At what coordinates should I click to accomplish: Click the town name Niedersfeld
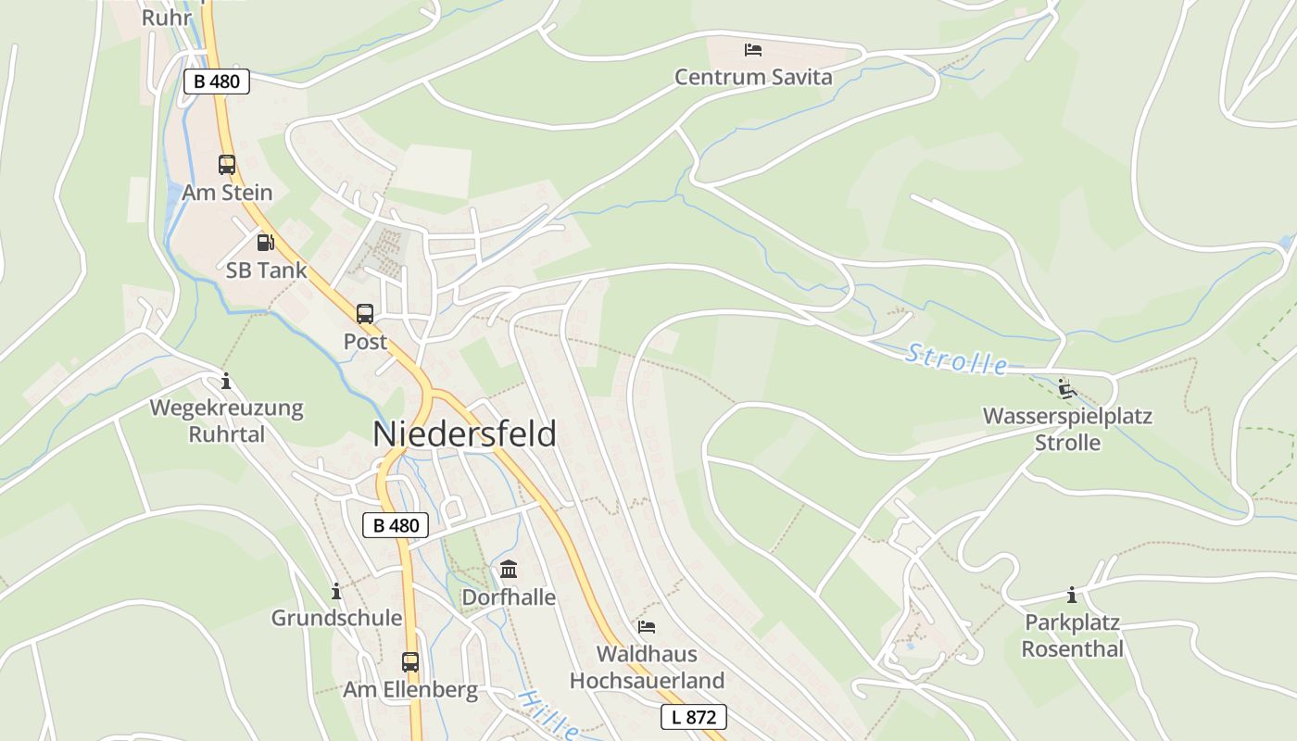[x=464, y=434]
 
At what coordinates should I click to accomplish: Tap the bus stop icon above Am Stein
[x=227, y=165]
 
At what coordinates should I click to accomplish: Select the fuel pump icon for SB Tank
[x=265, y=243]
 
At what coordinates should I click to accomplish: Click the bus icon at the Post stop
[x=365, y=314]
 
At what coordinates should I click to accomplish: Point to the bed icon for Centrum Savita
[x=753, y=49]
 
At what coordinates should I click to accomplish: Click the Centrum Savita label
[x=753, y=77]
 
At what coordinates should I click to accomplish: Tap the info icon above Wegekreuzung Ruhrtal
[x=225, y=381]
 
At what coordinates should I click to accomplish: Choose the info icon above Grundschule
[x=336, y=591]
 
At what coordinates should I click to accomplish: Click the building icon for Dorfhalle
[x=509, y=570]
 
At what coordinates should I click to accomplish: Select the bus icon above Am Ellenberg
[x=410, y=662]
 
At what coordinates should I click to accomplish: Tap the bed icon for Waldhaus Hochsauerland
[x=647, y=627]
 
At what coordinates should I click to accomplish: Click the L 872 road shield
[x=693, y=717]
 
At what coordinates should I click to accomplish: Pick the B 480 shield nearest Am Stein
[x=217, y=82]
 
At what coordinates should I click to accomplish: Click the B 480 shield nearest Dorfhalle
[x=396, y=525]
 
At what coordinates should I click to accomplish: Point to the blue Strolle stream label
[x=957, y=359]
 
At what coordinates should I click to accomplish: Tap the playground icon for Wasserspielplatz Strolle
[x=1067, y=389]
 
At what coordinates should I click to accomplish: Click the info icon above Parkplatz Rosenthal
[x=1072, y=595]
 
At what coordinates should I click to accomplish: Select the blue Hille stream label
[x=548, y=715]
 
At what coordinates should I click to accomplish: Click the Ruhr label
[x=167, y=18]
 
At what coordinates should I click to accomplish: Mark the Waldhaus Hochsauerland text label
[x=647, y=667]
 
